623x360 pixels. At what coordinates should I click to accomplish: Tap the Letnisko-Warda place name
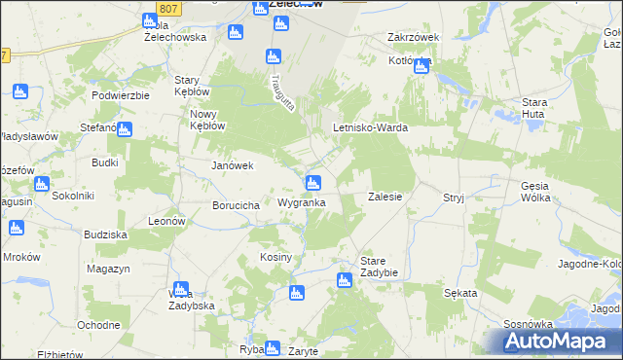(x=370, y=127)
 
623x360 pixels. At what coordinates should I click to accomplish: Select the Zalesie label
(x=385, y=196)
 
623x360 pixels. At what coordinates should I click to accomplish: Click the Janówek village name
(x=233, y=165)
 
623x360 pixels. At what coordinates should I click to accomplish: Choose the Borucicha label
(x=235, y=206)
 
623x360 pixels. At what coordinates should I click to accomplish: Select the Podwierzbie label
(x=120, y=95)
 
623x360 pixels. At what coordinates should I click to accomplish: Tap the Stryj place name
(x=454, y=197)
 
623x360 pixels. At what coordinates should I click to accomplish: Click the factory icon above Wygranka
(x=313, y=182)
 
